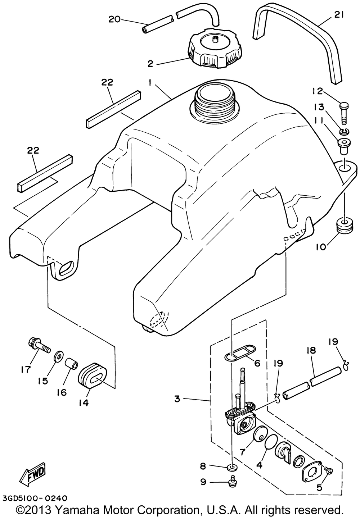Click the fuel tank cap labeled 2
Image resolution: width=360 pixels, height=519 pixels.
pos(215,49)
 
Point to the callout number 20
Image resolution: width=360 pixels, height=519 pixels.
pos(114,19)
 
